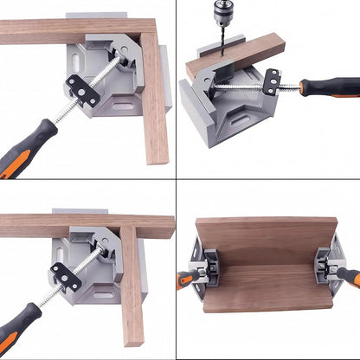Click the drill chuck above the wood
[215, 13]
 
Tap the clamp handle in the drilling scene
[330, 87]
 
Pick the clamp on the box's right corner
[329, 265]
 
